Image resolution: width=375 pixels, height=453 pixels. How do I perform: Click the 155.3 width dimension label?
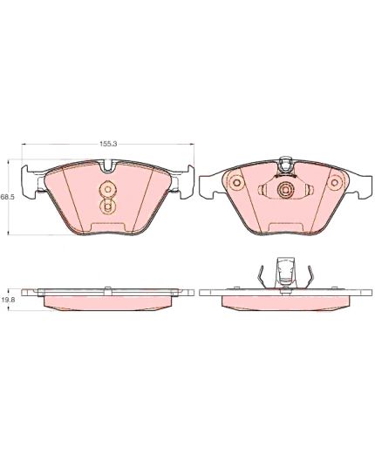[108, 144]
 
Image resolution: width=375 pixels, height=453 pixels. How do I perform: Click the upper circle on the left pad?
[107, 190]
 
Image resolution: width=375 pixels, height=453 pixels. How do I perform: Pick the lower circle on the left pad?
[107, 206]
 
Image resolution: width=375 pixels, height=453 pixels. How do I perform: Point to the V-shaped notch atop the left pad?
[108, 166]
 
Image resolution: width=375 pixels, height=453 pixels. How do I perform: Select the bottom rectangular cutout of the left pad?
[107, 226]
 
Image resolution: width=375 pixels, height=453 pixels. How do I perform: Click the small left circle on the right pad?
[236, 183]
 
